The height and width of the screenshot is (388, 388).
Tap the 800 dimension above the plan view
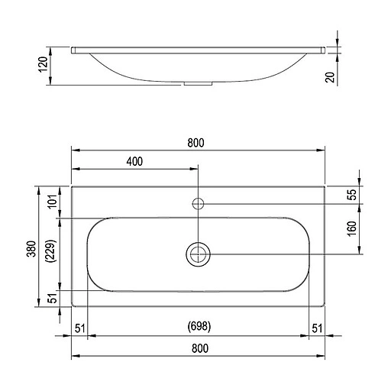point(197,141)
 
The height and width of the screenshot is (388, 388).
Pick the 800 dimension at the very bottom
point(197,349)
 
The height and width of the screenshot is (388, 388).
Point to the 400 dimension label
point(134,162)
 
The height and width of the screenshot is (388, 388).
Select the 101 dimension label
point(51,202)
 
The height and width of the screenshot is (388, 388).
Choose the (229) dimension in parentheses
point(51,252)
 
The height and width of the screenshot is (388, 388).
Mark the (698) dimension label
point(199,327)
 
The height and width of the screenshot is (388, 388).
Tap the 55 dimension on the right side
point(352,194)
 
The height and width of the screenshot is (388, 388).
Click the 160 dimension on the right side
point(352,228)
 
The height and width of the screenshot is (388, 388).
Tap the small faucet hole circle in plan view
point(198,203)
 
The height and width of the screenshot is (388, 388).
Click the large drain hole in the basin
point(198,254)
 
